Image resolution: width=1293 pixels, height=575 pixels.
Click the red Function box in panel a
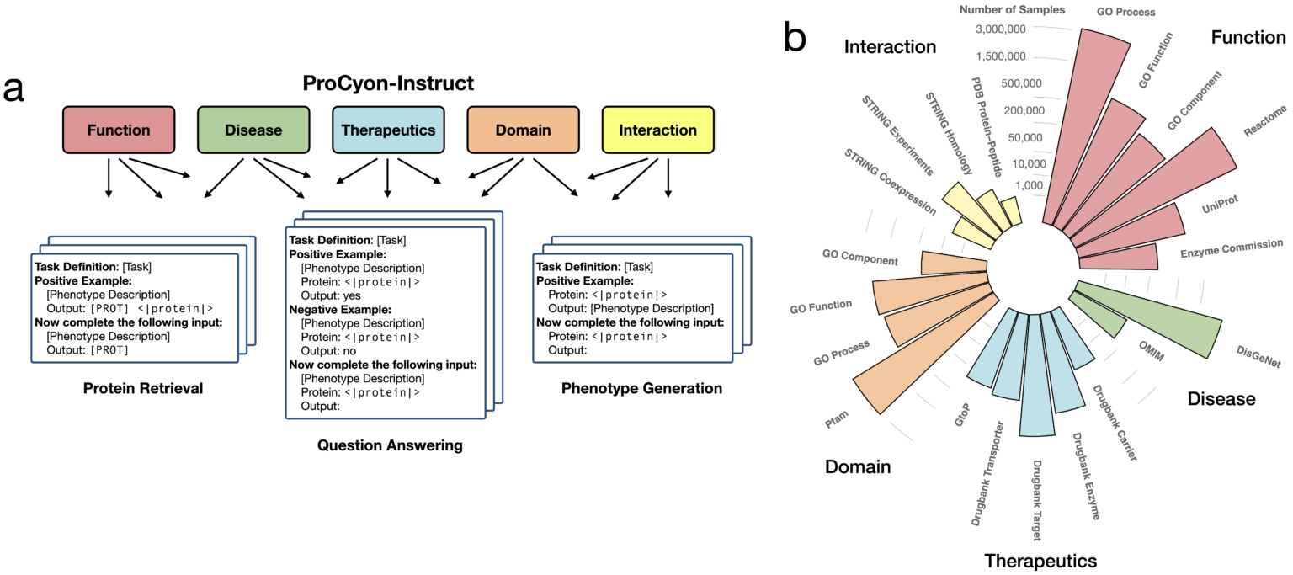pos(119,130)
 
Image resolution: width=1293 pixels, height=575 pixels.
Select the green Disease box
pos(253,130)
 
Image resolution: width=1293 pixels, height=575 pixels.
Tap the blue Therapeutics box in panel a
pos(388,130)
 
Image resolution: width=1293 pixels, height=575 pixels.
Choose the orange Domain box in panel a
pos(523,130)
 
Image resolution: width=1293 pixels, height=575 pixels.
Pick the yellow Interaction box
pos(657,130)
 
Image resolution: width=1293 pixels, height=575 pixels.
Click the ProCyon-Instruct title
pos(389,83)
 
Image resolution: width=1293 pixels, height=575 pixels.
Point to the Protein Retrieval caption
pos(142,388)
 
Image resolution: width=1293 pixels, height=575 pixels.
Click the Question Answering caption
pos(390,445)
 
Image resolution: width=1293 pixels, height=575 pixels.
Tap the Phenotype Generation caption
pos(641,388)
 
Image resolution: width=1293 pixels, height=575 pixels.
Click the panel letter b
pos(794,37)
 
